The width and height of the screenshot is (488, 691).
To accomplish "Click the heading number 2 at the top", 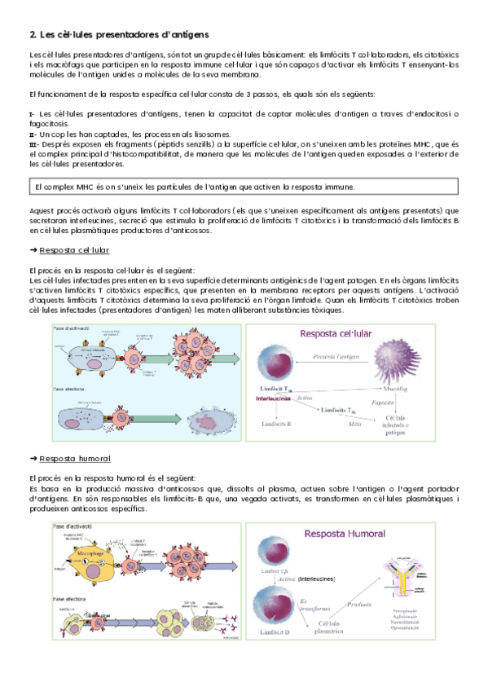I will (32, 34).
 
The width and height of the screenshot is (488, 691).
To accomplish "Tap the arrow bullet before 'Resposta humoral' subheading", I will (33, 459).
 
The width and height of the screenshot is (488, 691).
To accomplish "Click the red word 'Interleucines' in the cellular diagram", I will (274, 398).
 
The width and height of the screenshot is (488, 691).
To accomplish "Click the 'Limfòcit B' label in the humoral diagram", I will (275, 632).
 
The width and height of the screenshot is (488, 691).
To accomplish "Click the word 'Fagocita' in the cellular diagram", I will (383, 402).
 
